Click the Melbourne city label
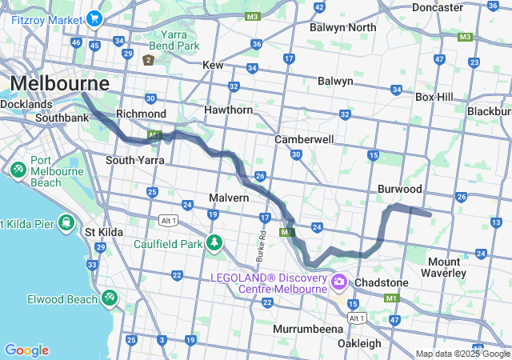(60, 83)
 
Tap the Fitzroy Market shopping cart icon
(95, 18)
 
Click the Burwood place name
(400, 190)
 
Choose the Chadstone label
(382, 283)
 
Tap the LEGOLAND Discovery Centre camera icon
(338, 281)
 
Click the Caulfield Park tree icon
(214, 242)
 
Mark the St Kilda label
(104, 232)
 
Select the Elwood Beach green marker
(109, 298)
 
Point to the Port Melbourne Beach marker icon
(18, 170)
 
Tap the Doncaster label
(438, 7)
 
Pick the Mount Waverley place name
(454, 267)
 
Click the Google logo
(26, 350)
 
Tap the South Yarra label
(130, 160)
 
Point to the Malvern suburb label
(230, 198)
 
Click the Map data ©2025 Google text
(462, 354)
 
